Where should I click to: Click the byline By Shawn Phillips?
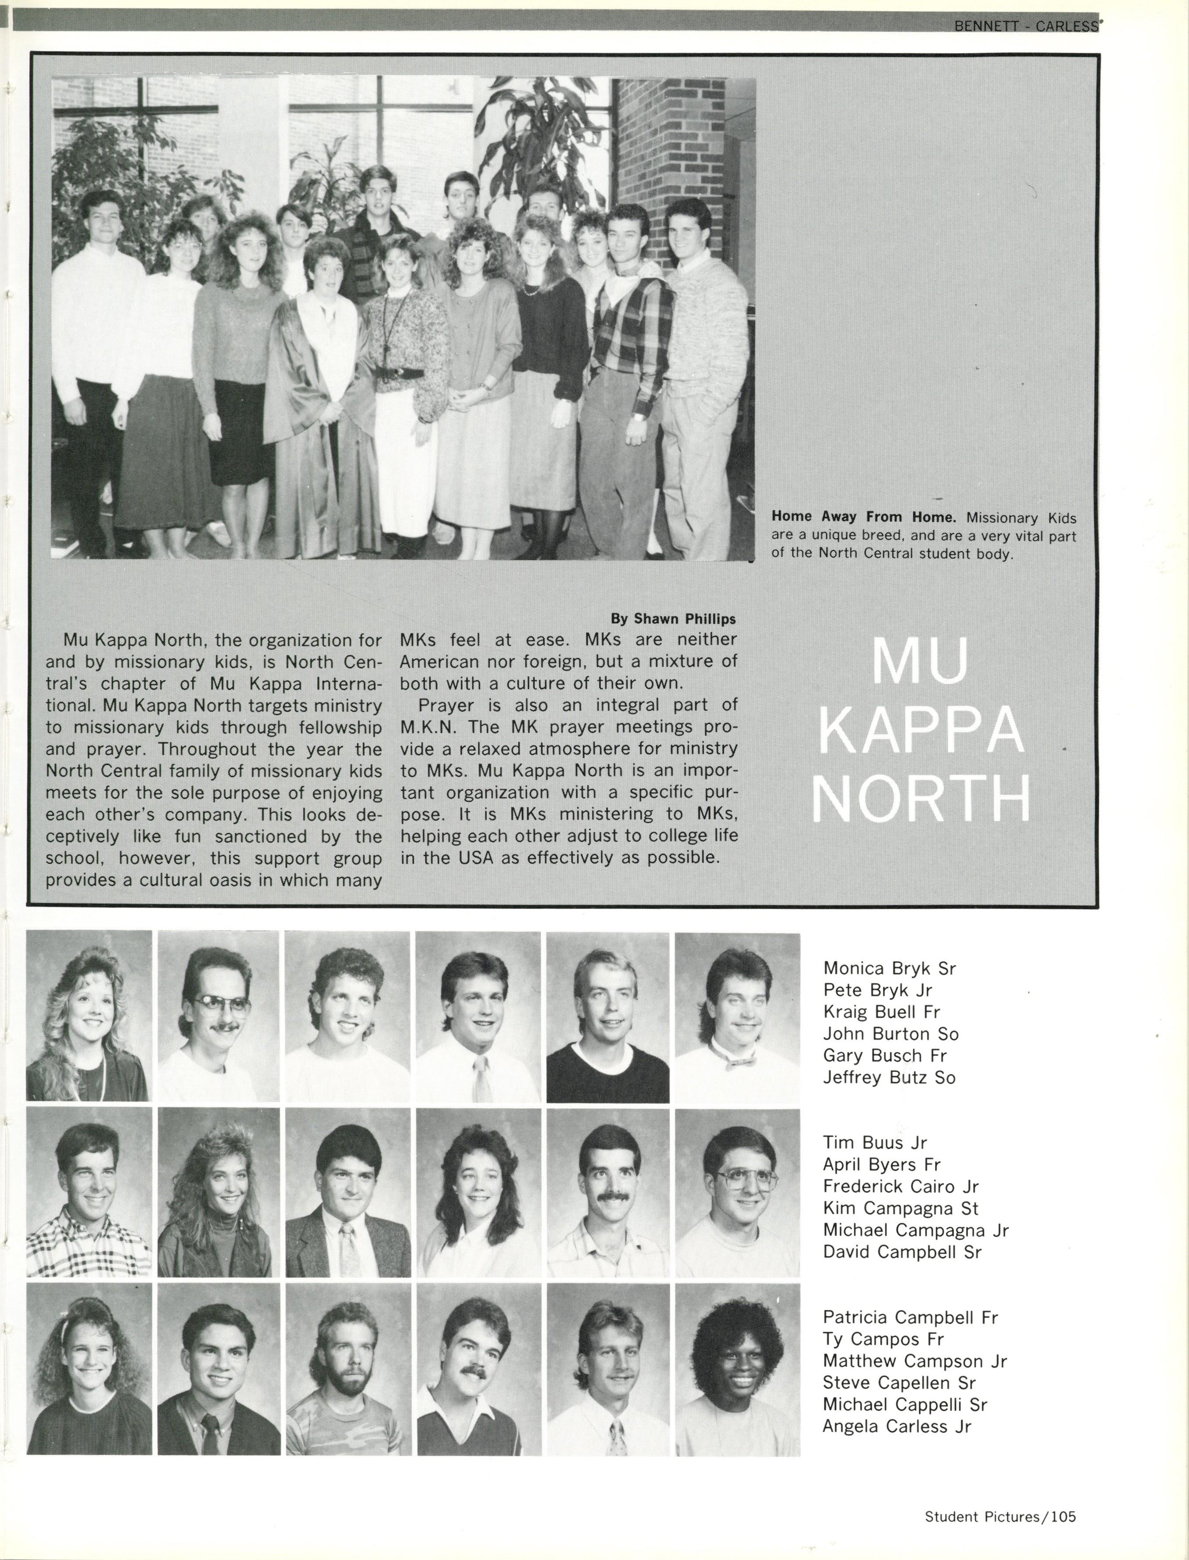(x=673, y=619)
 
